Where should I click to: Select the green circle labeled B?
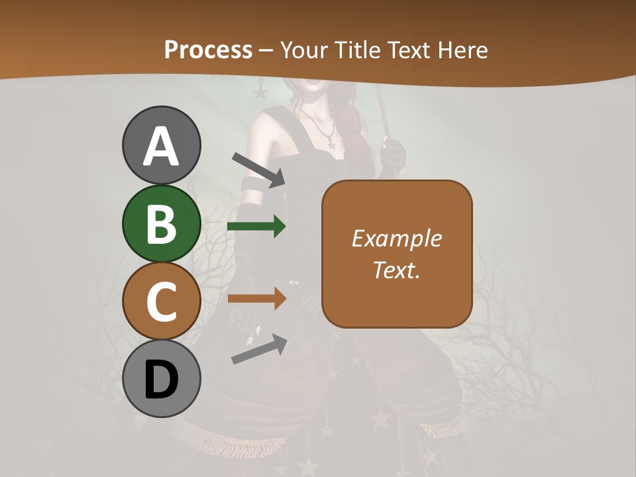click(x=161, y=223)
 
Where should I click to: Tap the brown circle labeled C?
click(x=161, y=301)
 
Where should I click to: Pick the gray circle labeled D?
click(x=161, y=379)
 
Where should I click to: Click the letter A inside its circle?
click(x=161, y=147)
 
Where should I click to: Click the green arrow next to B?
click(x=256, y=227)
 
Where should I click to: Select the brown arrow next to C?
click(x=256, y=299)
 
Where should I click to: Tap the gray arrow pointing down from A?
click(x=258, y=170)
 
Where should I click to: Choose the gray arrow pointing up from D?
click(x=259, y=349)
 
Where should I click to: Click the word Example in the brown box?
click(x=396, y=238)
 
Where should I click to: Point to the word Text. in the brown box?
click(x=396, y=270)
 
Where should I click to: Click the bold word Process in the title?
click(x=208, y=50)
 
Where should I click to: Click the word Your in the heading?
click(x=305, y=50)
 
